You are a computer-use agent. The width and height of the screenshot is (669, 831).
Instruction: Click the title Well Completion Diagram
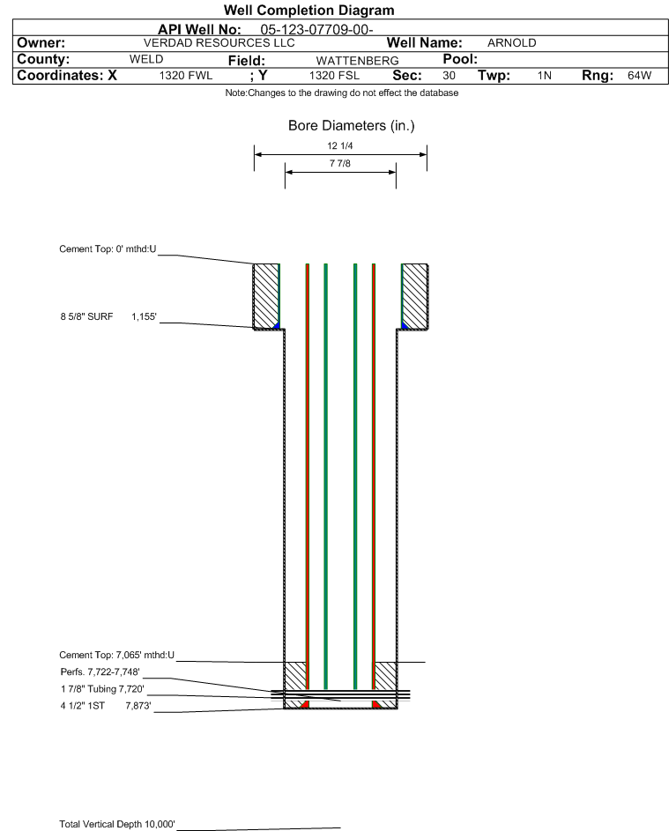coord(309,10)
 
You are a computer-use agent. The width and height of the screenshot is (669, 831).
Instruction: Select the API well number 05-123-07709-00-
coord(316,30)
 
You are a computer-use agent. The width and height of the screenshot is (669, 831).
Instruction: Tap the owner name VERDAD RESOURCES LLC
coord(219,43)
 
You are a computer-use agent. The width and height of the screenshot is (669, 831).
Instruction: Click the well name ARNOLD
coord(511,43)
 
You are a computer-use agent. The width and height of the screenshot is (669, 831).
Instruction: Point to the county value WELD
coord(146,59)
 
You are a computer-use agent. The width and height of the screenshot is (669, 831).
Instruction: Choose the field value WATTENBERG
coord(357,61)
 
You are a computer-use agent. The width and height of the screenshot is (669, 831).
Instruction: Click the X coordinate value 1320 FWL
coord(186,76)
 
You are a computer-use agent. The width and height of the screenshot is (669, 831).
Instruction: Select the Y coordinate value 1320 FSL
coord(335,76)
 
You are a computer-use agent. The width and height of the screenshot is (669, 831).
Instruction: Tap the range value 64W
coord(639,76)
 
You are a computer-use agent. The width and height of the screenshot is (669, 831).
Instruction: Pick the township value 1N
coord(545,76)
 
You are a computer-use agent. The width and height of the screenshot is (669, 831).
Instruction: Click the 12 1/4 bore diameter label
coord(340,145)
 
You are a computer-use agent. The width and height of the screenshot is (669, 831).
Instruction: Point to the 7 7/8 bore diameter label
coord(340,163)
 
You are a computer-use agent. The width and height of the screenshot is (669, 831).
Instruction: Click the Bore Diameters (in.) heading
coord(352,126)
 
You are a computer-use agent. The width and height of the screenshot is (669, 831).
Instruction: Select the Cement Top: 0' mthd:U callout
coord(108,249)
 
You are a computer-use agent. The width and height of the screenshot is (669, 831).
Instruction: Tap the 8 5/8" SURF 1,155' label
coord(108,317)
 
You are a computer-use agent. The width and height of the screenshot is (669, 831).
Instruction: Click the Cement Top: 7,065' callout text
coord(116,655)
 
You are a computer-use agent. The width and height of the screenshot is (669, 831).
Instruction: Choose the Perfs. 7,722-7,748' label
coord(100,672)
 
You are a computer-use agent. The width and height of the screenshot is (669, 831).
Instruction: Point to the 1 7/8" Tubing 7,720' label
coord(102,689)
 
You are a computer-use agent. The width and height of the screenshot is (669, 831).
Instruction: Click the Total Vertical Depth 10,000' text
coord(117,824)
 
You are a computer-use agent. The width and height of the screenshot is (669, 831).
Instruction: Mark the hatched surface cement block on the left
coord(265,296)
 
